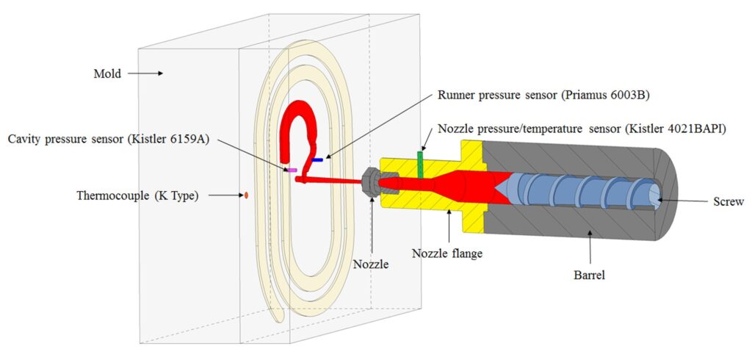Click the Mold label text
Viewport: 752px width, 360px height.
tap(107, 73)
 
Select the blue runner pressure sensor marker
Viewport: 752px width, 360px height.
tap(317, 159)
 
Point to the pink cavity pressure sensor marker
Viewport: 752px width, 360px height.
tap(292, 170)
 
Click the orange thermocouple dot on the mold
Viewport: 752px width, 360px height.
tap(246, 195)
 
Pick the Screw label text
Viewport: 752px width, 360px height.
tap(728, 201)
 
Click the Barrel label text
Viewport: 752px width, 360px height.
tap(590, 276)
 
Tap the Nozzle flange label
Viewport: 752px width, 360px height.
tap(447, 253)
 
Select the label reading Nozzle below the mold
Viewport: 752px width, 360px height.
tap(371, 264)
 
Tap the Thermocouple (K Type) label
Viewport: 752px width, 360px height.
tap(137, 196)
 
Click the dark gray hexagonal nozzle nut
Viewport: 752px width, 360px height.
tap(372, 181)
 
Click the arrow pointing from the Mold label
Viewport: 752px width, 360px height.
tap(145, 73)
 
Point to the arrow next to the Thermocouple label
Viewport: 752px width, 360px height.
tap(224, 195)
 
